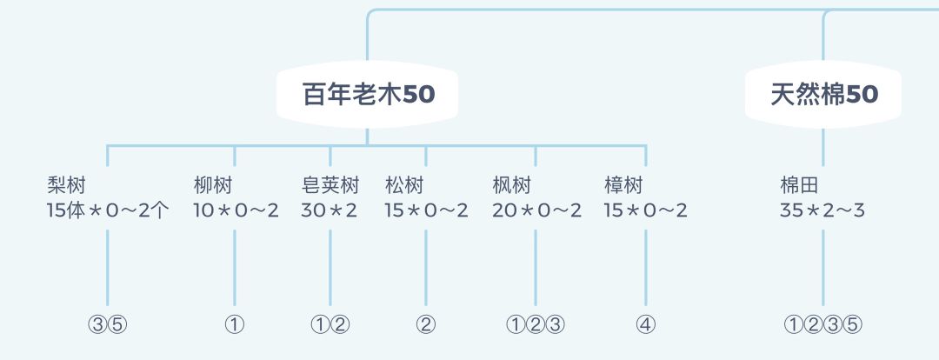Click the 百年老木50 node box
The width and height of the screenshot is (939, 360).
[367, 95]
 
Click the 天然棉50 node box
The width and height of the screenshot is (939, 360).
[823, 95]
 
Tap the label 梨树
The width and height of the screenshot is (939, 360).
[66, 186]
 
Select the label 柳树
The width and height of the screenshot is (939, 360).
[213, 186]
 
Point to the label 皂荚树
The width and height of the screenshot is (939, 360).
[330, 186]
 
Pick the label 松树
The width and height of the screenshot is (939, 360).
[404, 186]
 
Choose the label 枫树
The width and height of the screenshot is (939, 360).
[512, 186]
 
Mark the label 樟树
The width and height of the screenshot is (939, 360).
[623, 186]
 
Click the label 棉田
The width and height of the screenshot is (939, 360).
[800, 186]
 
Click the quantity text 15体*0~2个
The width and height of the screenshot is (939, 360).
[109, 210]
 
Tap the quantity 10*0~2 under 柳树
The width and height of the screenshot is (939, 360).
[236, 210]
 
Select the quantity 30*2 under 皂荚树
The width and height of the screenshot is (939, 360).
[329, 210]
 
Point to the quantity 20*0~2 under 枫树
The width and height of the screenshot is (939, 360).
[536, 210]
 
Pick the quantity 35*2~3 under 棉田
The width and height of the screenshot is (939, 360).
[822, 210]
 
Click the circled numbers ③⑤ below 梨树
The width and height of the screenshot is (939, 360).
[109, 325]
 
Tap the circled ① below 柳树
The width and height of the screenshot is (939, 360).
[235, 325]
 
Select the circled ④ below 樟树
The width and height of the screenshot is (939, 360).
[646, 325]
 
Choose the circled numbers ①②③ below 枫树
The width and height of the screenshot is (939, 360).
[536, 325]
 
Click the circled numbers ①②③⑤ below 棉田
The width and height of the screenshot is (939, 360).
[823, 325]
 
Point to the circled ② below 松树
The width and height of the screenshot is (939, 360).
[426, 325]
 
